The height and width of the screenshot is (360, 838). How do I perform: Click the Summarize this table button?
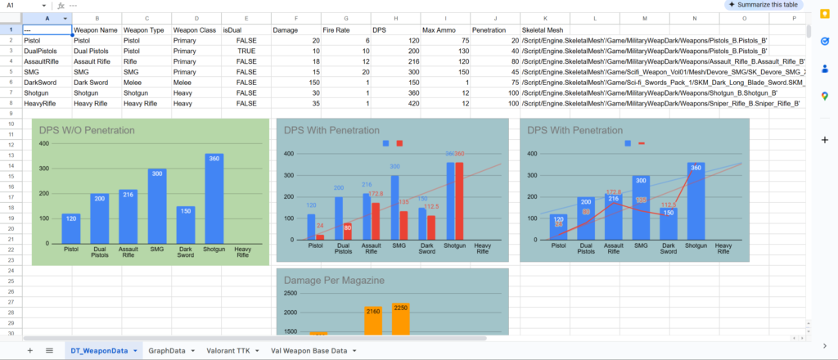764,5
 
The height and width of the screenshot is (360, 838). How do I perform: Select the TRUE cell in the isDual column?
246,51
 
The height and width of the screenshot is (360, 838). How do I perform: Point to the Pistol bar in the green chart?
71,228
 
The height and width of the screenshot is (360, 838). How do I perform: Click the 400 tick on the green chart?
43,143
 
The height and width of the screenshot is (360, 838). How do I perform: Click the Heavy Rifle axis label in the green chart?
243,251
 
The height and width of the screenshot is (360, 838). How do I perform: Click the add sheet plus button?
29,350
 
